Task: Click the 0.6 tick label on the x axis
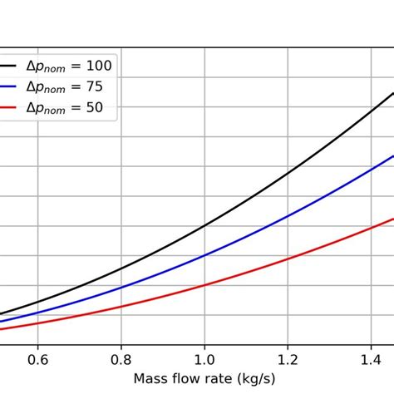click(x=38, y=360)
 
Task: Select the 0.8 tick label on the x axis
click(x=121, y=360)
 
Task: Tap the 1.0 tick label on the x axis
click(x=204, y=360)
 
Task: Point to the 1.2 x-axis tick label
click(x=288, y=360)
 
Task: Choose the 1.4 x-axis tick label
click(x=371, y=360)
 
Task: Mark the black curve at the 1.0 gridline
click(x=204, y=225)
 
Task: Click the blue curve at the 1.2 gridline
click(x=288, y=217)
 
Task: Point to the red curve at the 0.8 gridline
click(x=121, y=307)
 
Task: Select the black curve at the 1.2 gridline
click(x=288, y=174)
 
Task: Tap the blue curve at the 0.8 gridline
click(x=121, y=288)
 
